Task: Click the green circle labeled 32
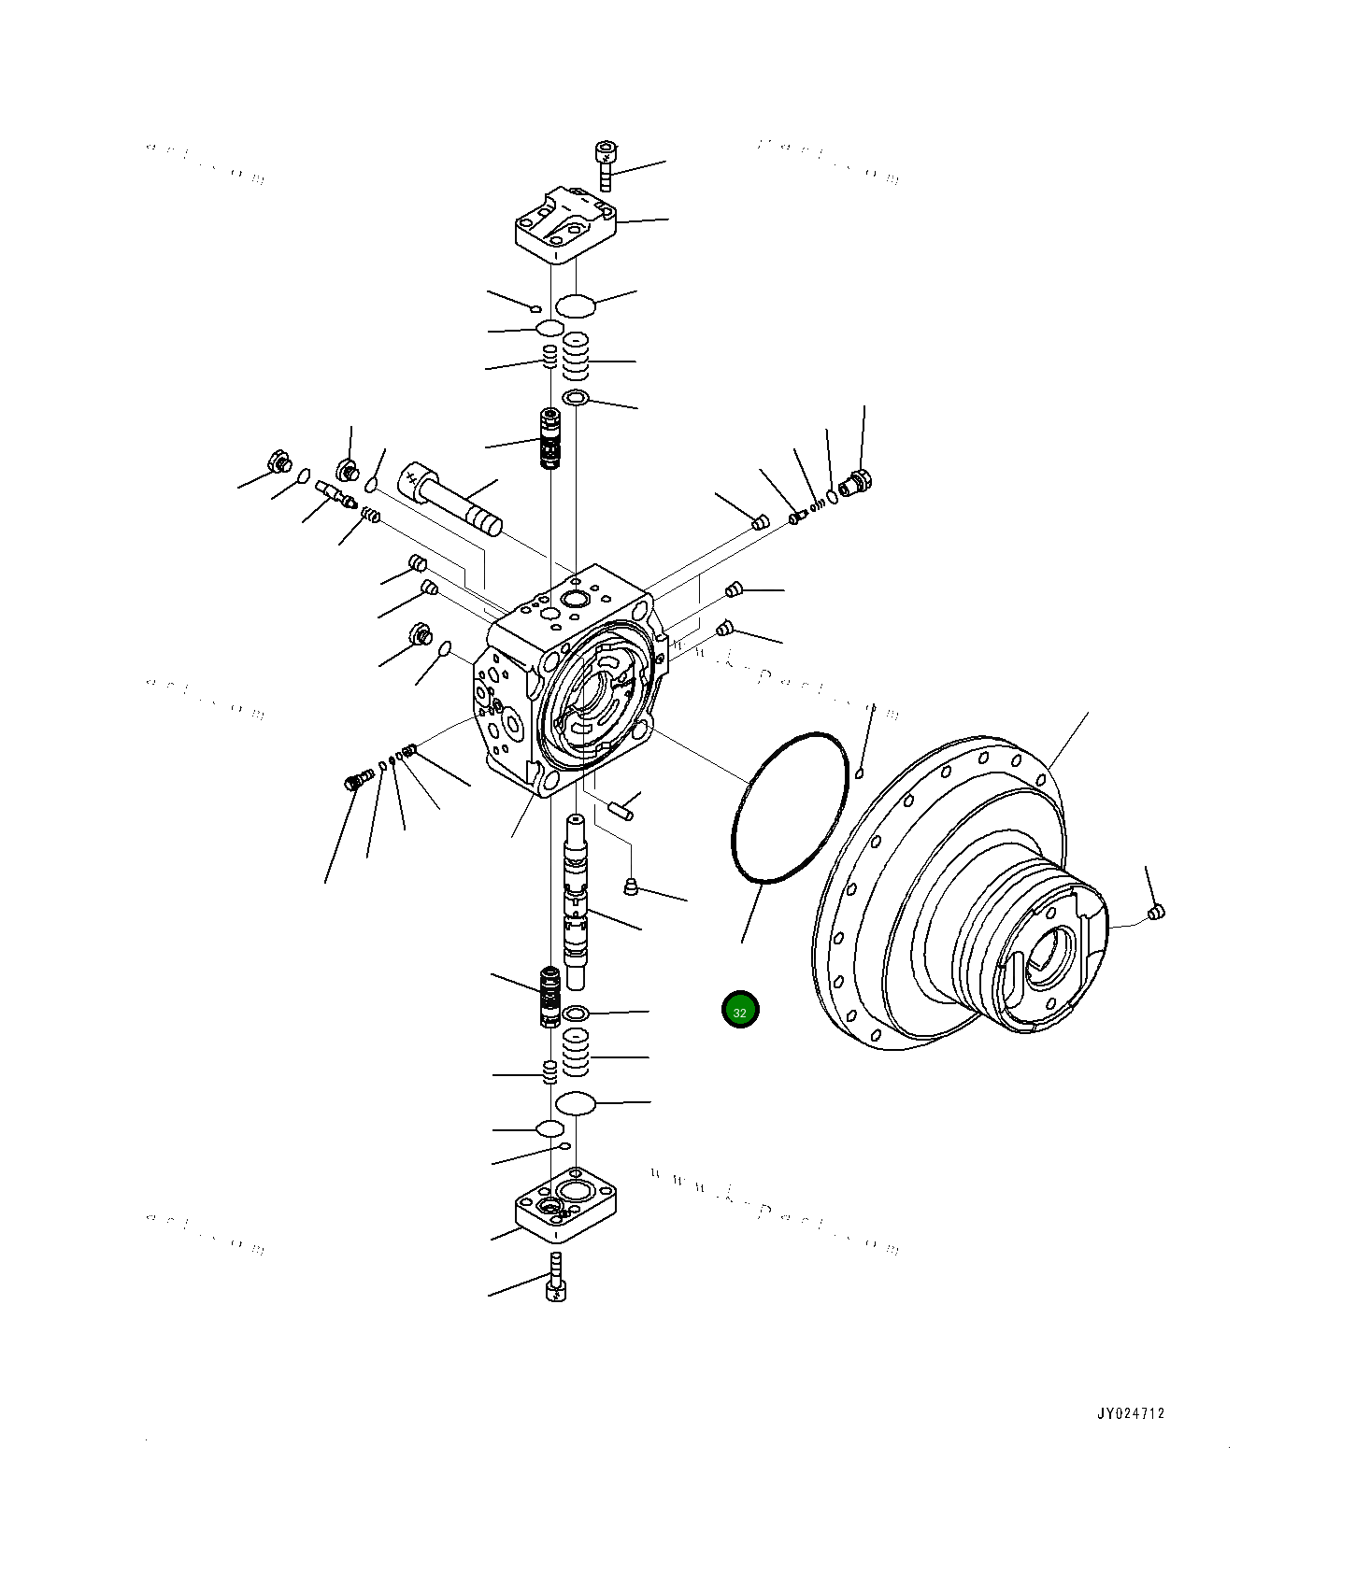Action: (x=740, y=1010)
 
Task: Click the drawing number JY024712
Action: (x=1130, y=1413)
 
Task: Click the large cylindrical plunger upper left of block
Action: (x=450, y=500)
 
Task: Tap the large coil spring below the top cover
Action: (x=576, y=356)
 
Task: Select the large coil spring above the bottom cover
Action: (x=576, y=1053)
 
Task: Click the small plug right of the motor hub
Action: (x=1156, y=911)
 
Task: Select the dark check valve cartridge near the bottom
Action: (x=550, y=997)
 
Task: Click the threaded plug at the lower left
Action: (x=354, y=781)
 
